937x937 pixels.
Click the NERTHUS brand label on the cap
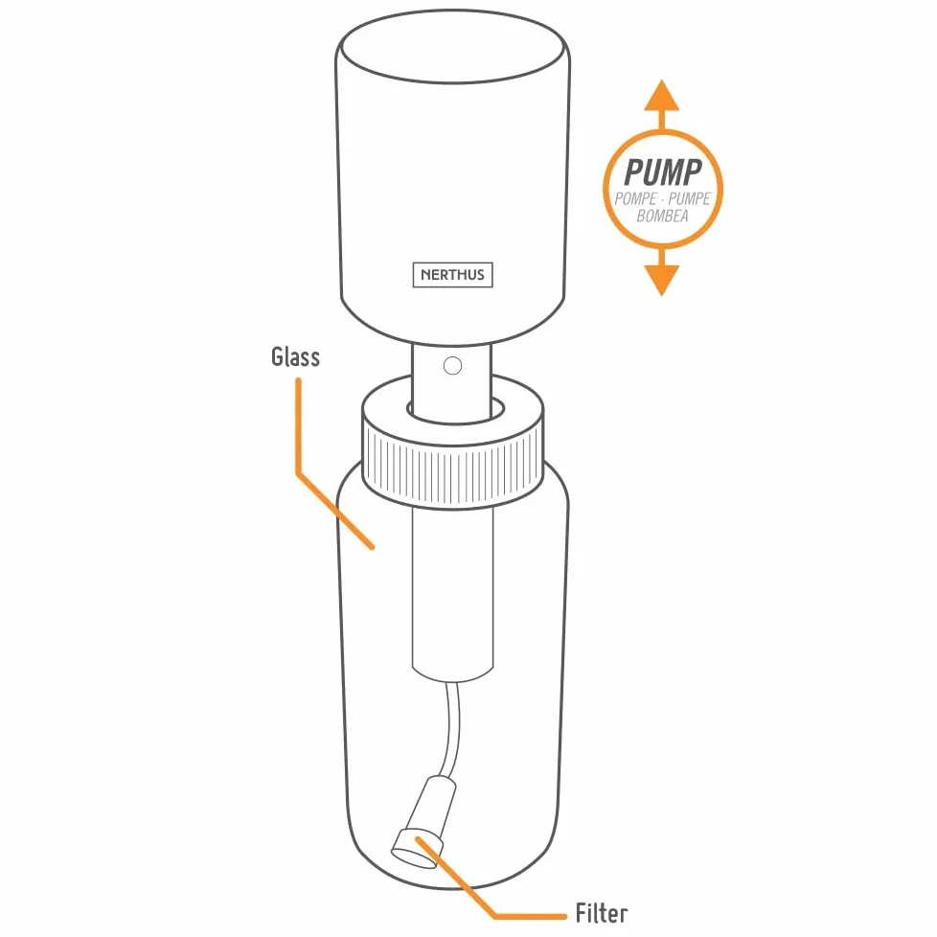452,275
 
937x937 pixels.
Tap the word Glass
295,356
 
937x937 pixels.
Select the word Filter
601,913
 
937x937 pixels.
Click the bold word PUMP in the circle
662,172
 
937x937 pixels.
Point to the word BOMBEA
662,216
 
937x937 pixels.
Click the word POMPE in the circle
636,198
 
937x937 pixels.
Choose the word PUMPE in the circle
689,198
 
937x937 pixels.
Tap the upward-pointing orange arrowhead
661,96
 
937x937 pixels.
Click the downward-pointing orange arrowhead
661,280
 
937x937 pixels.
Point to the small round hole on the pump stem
452,365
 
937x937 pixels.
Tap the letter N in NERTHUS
425,275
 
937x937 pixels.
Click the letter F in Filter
581,913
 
